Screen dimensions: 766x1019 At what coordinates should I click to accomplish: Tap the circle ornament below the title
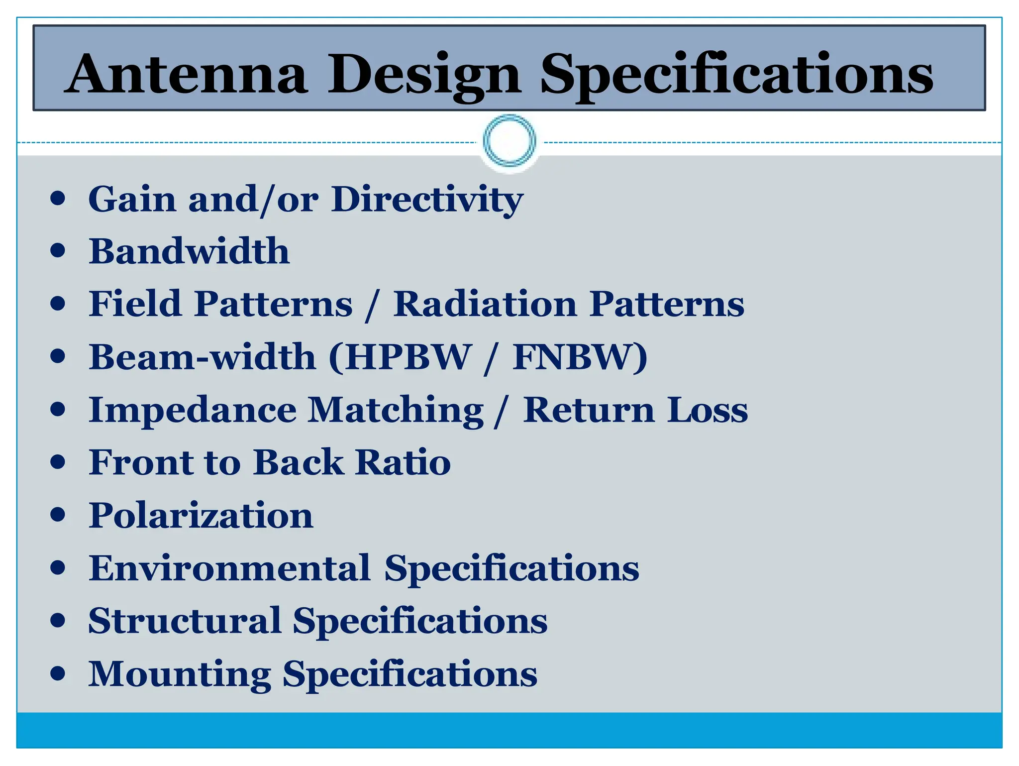pos(509,140)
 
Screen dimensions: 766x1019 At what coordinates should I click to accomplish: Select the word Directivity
pos(427,199)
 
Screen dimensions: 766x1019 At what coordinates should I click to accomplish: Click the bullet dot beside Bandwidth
pos(58,250)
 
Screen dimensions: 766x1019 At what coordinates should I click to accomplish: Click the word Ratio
pos(403,462)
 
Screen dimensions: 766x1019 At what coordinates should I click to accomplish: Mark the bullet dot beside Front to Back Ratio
pos(58,462)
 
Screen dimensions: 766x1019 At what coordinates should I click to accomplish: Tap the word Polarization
pos(201,516)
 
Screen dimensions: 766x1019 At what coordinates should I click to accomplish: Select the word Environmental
pos(229,568)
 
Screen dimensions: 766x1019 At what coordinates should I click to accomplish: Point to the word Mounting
pos(180,674)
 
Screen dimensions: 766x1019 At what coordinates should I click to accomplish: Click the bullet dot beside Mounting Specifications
pos(58,673)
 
